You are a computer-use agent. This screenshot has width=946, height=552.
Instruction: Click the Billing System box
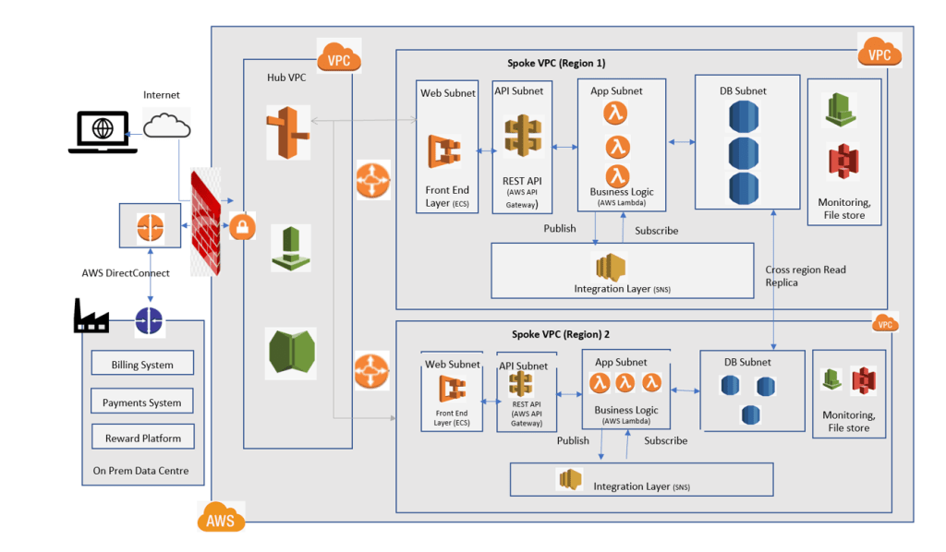tap(142, 364)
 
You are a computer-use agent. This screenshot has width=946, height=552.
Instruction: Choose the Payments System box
tap(142, 402)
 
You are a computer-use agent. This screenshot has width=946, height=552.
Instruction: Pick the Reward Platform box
tap(142, 438)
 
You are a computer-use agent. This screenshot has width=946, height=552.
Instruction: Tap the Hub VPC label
tap(286, 77)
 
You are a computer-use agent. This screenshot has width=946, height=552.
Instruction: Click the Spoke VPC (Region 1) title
tap(556, 63)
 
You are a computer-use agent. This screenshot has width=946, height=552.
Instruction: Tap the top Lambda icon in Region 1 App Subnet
tap(617, 114)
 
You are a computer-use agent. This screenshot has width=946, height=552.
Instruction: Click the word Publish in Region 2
tap(573, 440)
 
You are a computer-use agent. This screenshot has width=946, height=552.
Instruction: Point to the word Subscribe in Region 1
tap(657, 230)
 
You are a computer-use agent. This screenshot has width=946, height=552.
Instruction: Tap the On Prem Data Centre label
tap(141, 471)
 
